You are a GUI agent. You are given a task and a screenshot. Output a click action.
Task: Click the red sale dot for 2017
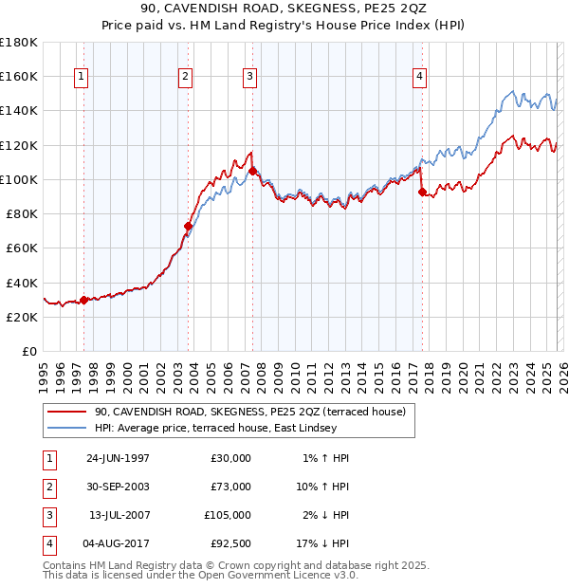422,192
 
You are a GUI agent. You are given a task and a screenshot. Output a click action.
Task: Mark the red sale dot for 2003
188,226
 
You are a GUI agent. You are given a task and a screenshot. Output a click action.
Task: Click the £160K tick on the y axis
19,76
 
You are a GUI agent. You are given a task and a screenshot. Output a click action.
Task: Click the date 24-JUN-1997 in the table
118,458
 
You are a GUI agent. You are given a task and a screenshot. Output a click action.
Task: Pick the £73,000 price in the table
230,487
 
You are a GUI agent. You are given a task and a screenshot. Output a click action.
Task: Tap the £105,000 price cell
228,515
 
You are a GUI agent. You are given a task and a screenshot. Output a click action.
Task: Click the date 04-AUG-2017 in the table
118,543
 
